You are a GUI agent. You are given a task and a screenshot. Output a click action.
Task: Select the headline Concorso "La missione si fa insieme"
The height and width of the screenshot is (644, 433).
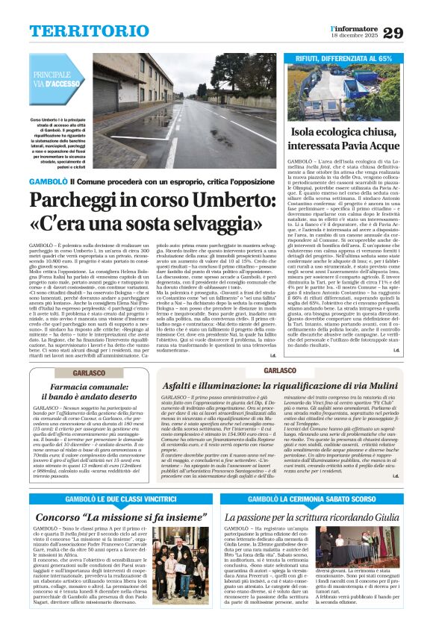click(x=110, y=516)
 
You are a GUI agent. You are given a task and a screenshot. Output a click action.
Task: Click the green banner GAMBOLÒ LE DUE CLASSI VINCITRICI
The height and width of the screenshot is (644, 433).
click(x=110, y=498)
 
